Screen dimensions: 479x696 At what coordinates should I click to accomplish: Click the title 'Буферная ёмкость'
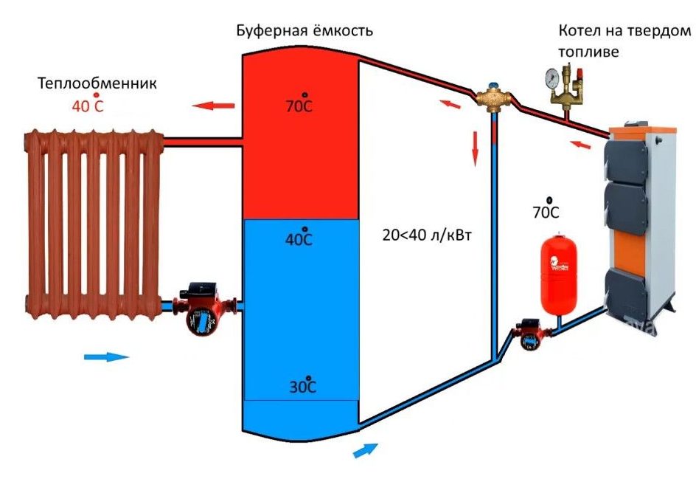coord(304,31)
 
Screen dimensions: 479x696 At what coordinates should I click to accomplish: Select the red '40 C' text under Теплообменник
coord(88,106)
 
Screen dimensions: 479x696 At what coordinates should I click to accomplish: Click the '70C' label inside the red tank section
coord(299,106)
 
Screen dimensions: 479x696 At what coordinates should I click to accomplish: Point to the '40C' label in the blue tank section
coord(299,239)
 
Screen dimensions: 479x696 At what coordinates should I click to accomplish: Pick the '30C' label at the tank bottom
coord(302,387)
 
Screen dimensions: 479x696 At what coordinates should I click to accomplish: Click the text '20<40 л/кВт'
coord(426,236)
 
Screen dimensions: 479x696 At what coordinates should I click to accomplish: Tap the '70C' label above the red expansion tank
coord(546,213)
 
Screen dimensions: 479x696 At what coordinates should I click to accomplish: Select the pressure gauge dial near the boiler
coord(550,77)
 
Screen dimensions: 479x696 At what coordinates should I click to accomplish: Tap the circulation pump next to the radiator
coord(199,308)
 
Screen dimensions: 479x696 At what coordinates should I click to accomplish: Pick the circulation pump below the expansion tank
coord(529,333)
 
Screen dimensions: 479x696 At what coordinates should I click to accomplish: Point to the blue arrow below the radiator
coord(106,356)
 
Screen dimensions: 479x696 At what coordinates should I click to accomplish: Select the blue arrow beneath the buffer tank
coord(366,449)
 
